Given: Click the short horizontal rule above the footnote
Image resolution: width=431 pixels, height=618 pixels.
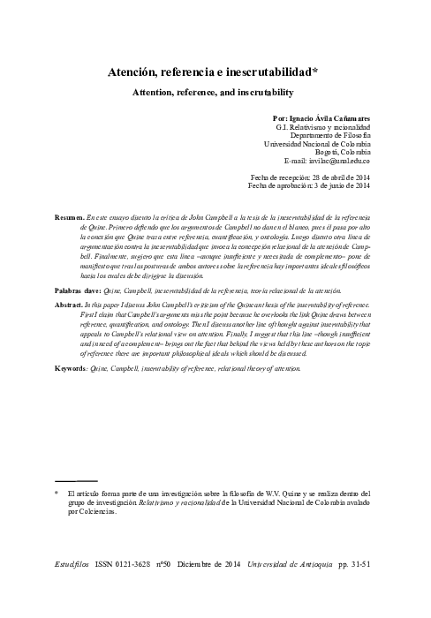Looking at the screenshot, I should click(x=75, y=482).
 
